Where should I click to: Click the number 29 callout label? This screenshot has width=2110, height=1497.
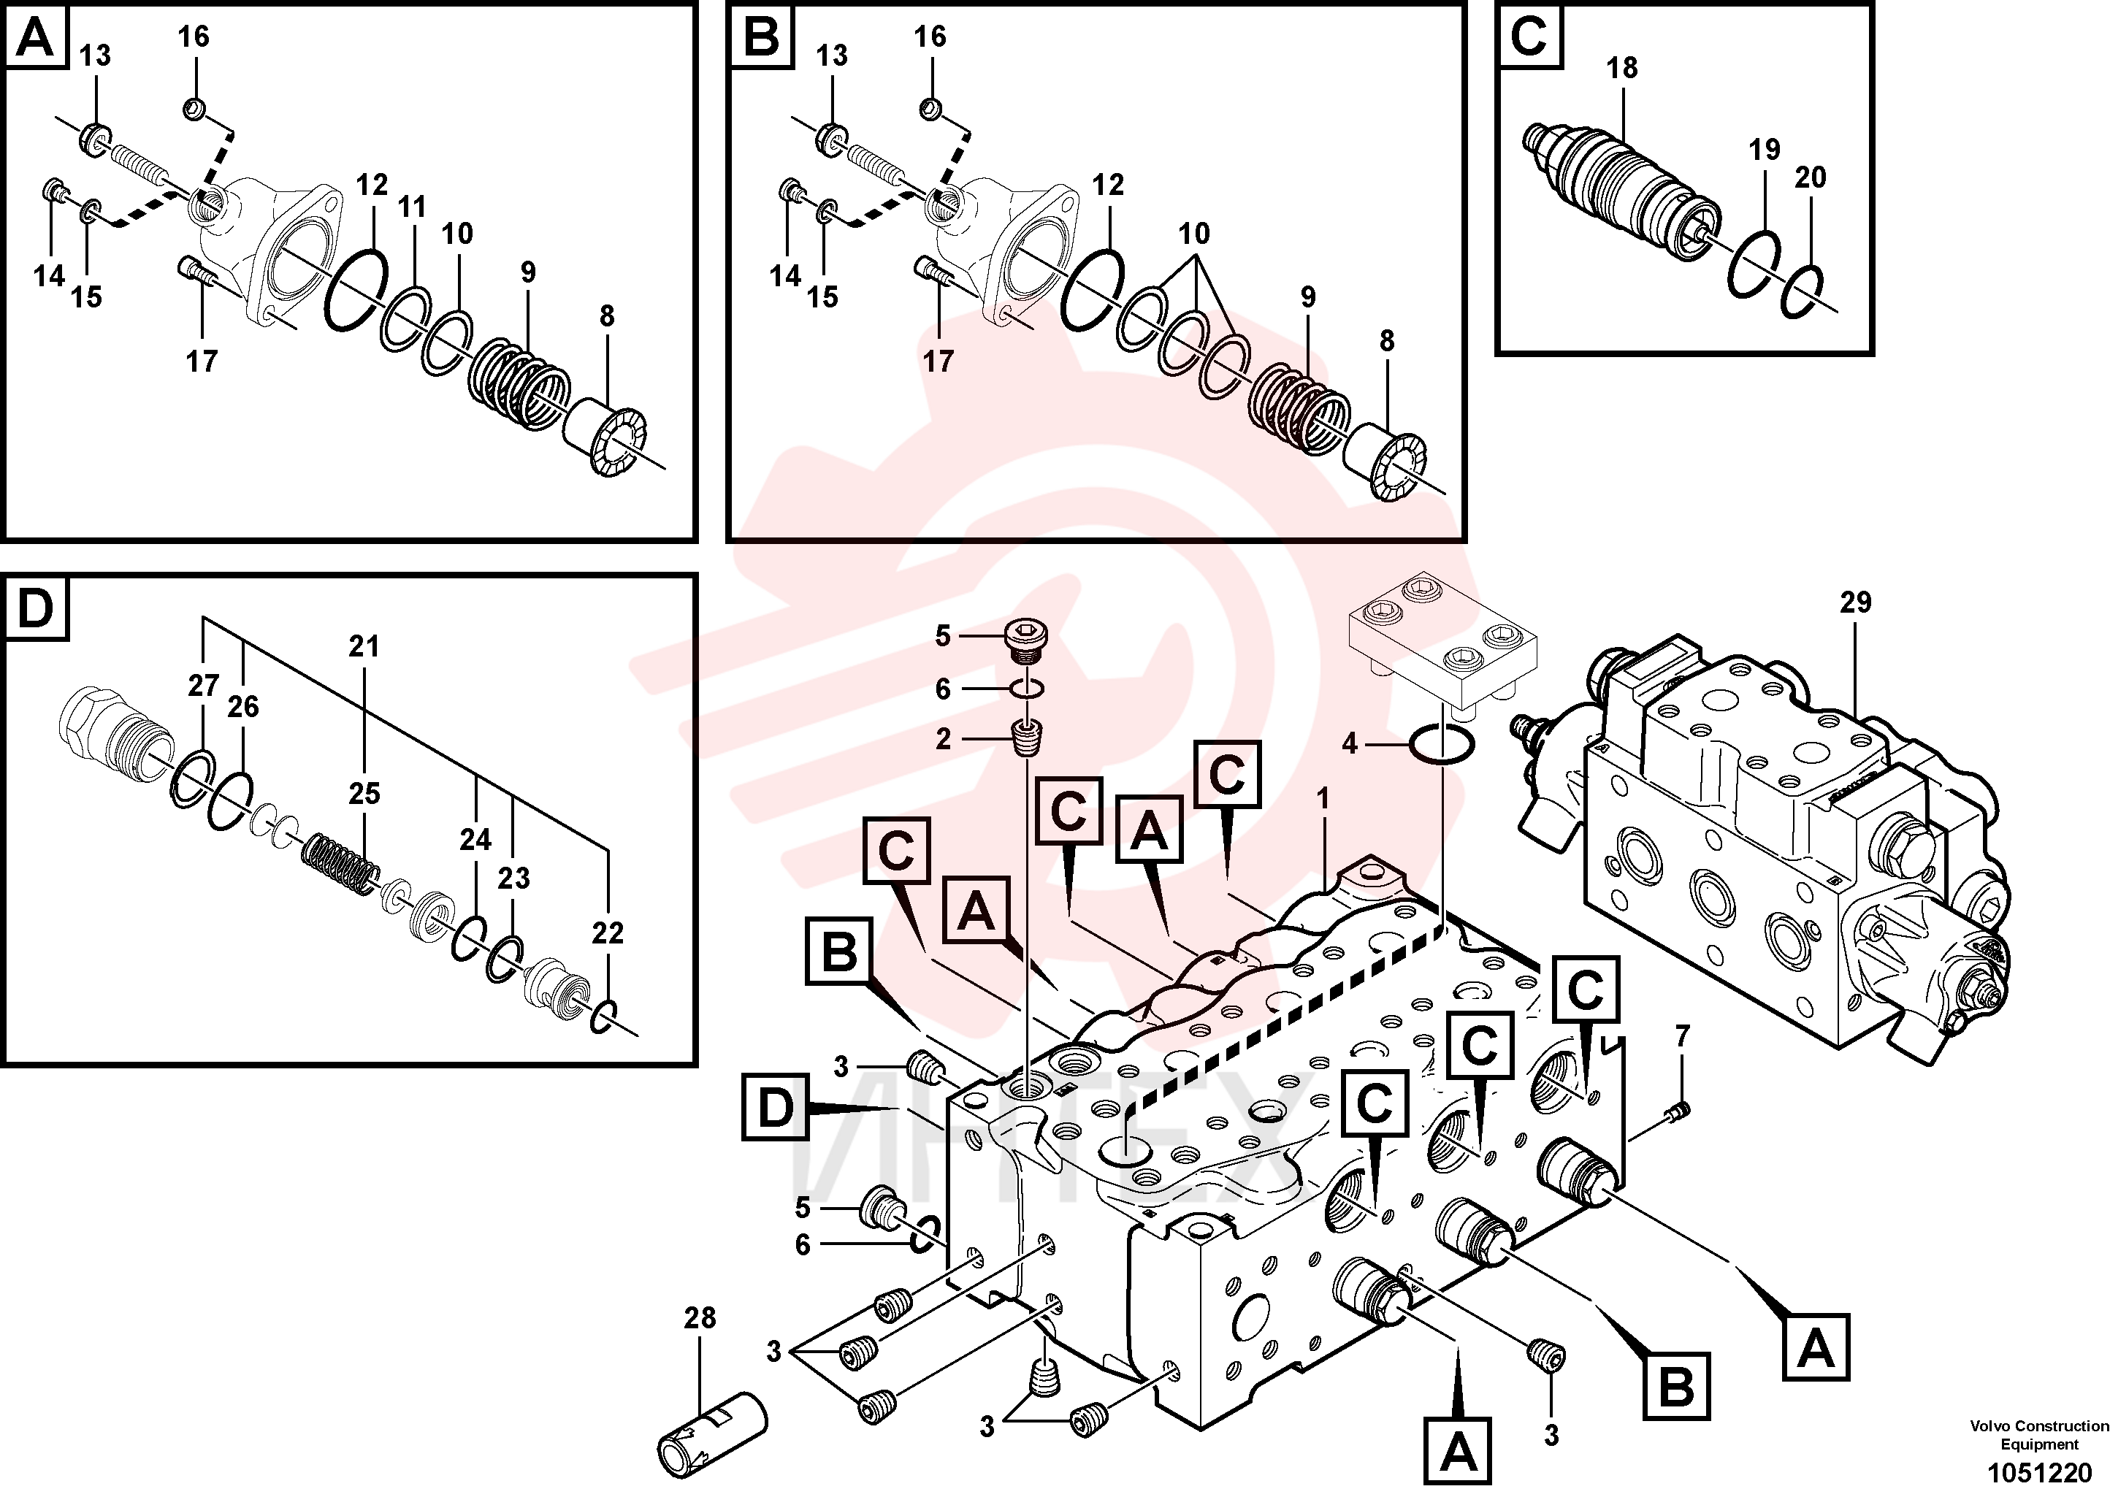(1856, 603)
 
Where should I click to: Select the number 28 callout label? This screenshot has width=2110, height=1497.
(700, 1318)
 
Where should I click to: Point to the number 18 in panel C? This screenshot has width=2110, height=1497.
(1621, 68)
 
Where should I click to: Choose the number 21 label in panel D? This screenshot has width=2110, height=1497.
(364, 647)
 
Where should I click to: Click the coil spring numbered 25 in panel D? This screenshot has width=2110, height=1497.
(342, 864)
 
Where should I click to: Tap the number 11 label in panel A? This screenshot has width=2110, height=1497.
(412, 207)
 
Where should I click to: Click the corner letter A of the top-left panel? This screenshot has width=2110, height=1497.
(36, 38)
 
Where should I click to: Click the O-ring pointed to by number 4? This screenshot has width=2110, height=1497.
(1442, 744)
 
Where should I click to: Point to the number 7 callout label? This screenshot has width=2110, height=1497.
(1682, 1036)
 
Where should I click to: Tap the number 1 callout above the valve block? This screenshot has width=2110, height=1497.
(1323, 799)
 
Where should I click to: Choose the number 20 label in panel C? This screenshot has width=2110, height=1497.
(1811, 177)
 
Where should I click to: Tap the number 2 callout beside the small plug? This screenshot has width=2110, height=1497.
(943, 739)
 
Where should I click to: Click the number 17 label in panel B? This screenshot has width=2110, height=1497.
(939, 361)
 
